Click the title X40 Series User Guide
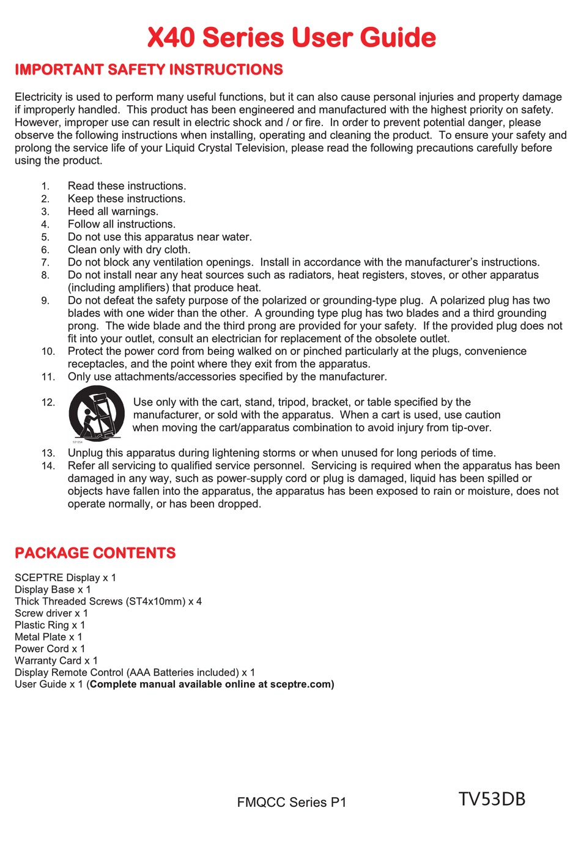point(291,37)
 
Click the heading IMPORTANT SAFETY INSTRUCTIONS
point(149,70)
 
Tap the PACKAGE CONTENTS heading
point(95,553)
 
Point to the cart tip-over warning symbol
point(97,414)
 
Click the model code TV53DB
point(492,799)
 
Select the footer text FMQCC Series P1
point(291,803)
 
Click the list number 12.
point(48,403)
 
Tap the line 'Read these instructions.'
point(127,186)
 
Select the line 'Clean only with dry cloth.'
point(129,250)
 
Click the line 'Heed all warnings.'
point(113,212)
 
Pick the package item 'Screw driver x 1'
point(51,613)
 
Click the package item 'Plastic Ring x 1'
point(50,625)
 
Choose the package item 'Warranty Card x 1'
point(56,661)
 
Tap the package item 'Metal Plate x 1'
point(48,637)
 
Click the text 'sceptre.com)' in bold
point(302,685)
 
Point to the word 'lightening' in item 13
point(210,453)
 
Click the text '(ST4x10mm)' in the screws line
point(156,601)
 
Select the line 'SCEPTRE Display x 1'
point(65,577)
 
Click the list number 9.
point(45,300)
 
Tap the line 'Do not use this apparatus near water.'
point(160,237)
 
